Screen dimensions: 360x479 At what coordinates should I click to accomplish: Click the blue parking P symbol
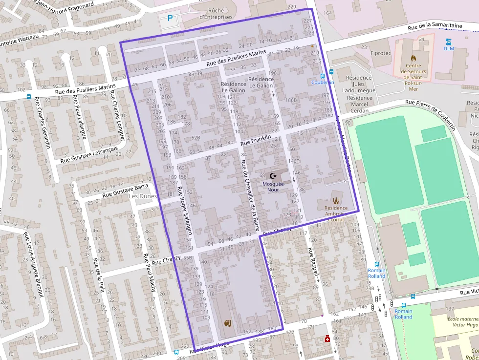click(x=170, y=18)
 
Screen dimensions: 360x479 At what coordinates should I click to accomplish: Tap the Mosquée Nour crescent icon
click(x=273, y=176)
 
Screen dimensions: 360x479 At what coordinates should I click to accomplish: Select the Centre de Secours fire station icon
click(x=414, y=58)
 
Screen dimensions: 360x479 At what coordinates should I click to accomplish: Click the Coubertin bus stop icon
click(x=322, y=76)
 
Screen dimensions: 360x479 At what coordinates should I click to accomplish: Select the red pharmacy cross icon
click(x=327, y=339)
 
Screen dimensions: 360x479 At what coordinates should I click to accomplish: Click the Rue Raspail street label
click(x=313, y=264)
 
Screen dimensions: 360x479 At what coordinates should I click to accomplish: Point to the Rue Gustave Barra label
click(x=125, y=190)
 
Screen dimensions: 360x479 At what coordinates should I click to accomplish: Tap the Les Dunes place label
click(x=142, y=196)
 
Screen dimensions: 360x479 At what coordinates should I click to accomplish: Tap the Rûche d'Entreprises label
click(x=216, y=14)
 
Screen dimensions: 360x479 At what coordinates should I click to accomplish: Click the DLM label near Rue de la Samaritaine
click(x=448, y=48)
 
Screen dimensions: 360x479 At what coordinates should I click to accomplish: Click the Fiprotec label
click(x=381, y=53)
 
